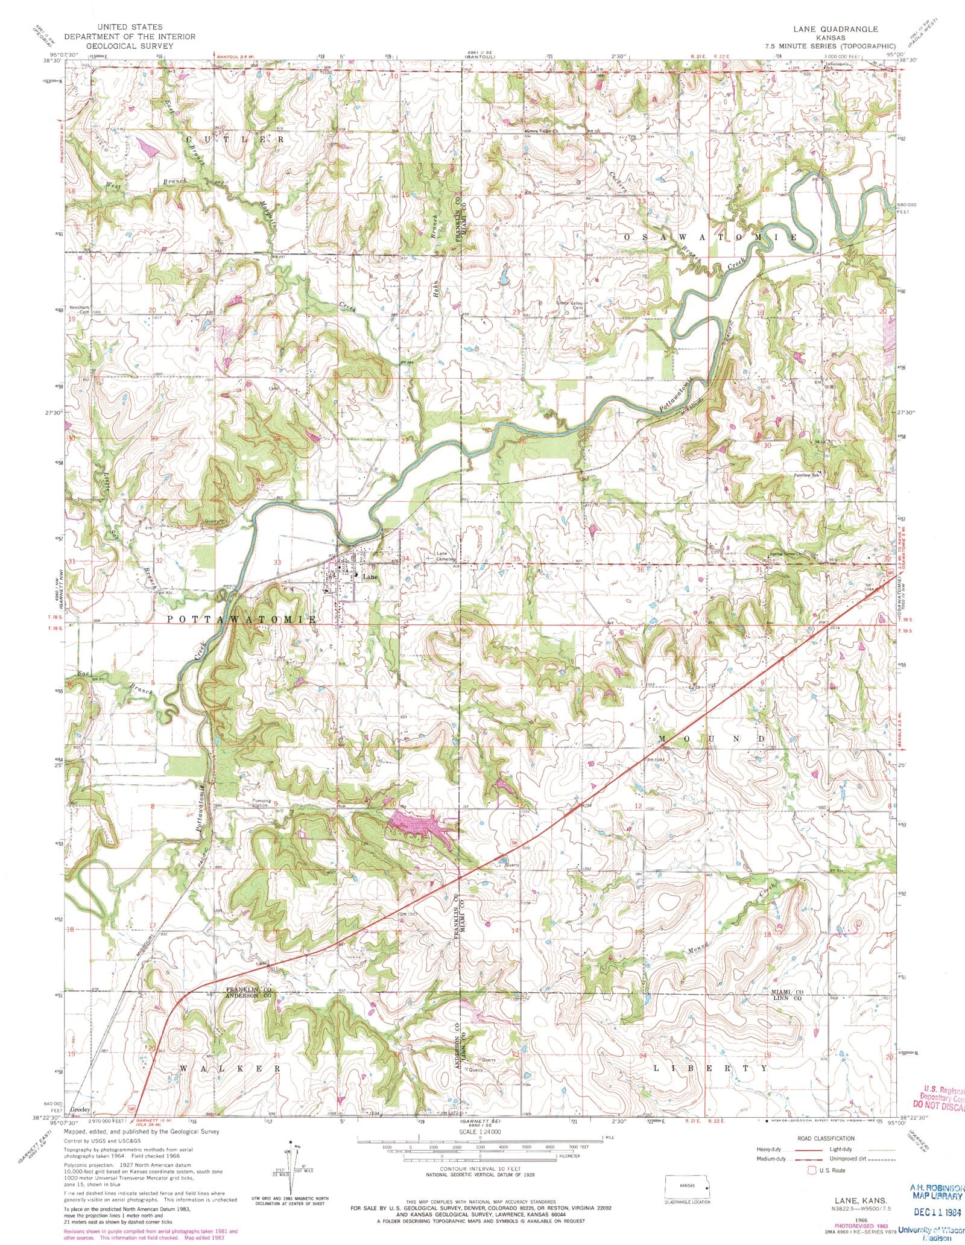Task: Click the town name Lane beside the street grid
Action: point(372,577)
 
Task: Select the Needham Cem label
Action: point(79,309)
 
